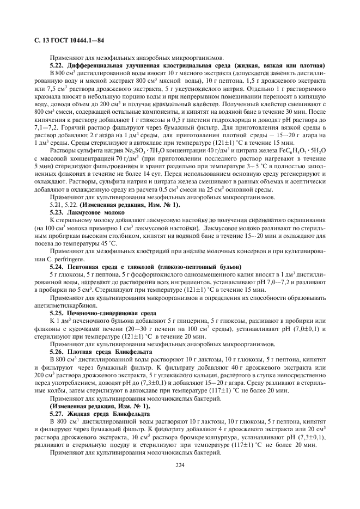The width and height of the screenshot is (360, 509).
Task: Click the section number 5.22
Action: point(58,65)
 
